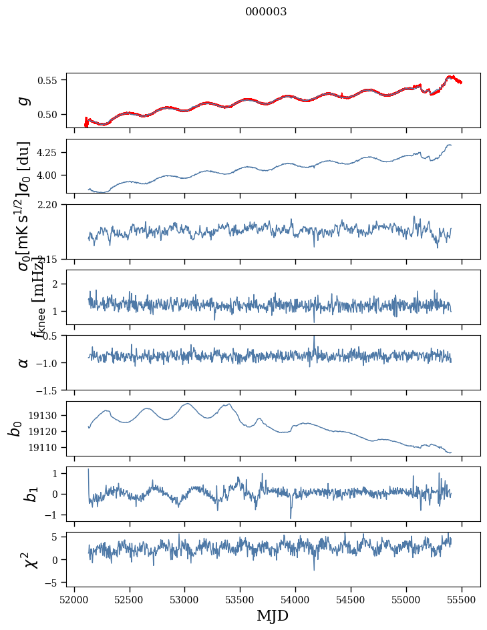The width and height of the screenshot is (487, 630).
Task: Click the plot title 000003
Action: [266, 12]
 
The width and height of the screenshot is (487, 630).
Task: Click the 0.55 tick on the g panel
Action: [49, 80]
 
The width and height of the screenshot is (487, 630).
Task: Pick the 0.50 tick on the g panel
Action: [49, 114]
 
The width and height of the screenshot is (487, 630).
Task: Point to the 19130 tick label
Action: [46, 415]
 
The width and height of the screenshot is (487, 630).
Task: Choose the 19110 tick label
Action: [46, 447]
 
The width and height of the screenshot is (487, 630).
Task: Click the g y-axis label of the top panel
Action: [24, 101]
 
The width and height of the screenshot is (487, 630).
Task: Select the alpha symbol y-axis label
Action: [24, 362]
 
